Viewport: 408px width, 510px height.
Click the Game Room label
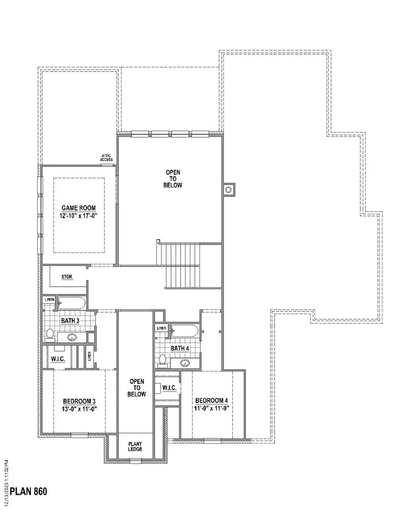pyautogui.click(x=79, y=208)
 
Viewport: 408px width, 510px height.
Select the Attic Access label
pyautogui.click(x=106, y=158)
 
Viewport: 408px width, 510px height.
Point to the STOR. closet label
pyautogui.click(x=67, y=276)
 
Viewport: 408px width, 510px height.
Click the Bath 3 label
pyautogui.click(x=70, y=321)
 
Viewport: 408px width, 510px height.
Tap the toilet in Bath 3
pyautogui.click(x=49, y=335)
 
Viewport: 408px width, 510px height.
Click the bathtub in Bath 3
pyautogui.click(x=71, y=303)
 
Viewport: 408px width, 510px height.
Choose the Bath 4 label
pyautogui.click(x=180, y=348)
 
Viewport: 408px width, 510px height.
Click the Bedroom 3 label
pyautogui.click(x=79, y=401)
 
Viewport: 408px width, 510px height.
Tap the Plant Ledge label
pyautogui.click(x=135, y=446)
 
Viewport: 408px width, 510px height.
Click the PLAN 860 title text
pyautogui.click(x=28, y=491)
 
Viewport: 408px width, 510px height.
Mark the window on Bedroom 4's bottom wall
pyautogui.click(x=212, y=440)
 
